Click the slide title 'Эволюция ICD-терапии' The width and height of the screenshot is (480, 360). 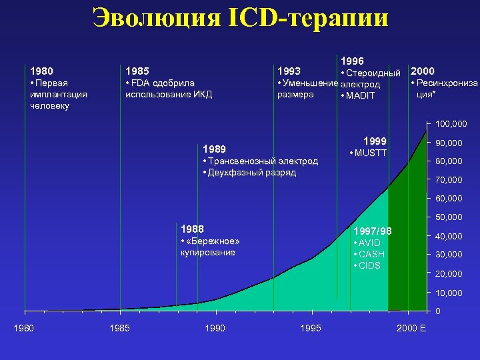pyautogui.click(x=240, y=18)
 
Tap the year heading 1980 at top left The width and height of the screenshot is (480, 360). pyautogui.click(x=41, y=71)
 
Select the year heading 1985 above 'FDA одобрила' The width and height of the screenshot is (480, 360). pyautogui.click(x=137, y=71)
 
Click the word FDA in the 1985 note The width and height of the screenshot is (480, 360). pyautogui.click(x=141, y=83)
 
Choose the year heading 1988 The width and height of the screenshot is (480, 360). pyautogui.click(x=192, y=228)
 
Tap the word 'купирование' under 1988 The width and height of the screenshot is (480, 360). pyautogui.click(x=207, y=253)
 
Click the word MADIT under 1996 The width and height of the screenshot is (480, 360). pyautogui.click(x=361, y=96)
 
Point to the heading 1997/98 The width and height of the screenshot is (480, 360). pyautogui.click(x=373, y=231)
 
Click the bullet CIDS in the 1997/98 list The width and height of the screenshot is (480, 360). pyautogui.click(x=369, y=265)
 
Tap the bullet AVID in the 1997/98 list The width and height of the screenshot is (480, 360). pyautogui.click(x=369, y=243)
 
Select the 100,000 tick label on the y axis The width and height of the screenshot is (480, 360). pyautogui.click(x=451, y=124)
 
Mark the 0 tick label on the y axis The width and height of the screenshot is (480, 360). pyautogui.click(x=437, y=311)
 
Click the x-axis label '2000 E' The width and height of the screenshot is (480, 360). pyautogui.click(x=411, y=328)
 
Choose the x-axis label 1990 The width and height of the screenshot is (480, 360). pyautogui.click(x=215, y=328)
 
